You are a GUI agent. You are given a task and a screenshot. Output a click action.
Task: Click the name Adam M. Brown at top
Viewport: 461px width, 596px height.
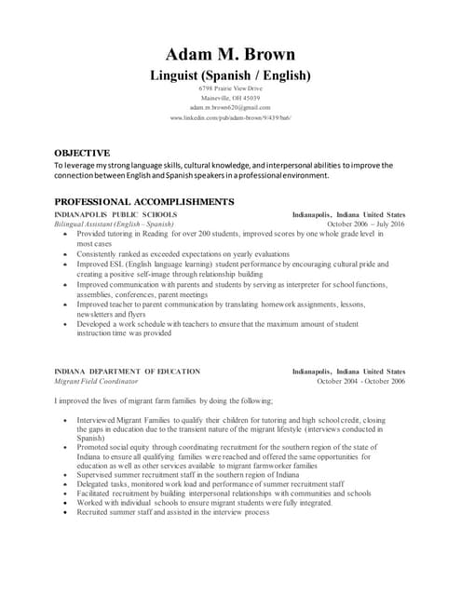coord(230,53)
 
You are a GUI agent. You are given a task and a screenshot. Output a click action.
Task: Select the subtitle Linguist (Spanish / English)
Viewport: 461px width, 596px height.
coord(230,74)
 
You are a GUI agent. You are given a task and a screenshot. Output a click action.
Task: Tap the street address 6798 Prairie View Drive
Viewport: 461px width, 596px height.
coord(230,88)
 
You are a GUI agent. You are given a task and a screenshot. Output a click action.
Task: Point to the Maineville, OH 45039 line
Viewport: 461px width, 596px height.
coord(230,98)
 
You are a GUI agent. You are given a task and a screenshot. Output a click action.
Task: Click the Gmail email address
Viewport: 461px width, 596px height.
coord(230,108)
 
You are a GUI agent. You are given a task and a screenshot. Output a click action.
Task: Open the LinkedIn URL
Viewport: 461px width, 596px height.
coord(230,119)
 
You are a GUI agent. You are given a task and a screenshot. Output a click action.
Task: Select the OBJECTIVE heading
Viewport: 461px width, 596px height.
coord(82,152)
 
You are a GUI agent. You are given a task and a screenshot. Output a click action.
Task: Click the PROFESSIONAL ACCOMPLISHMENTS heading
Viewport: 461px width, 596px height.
coord(144,201)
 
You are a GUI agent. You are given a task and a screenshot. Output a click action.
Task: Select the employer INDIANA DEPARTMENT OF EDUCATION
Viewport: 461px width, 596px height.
coord(127,371)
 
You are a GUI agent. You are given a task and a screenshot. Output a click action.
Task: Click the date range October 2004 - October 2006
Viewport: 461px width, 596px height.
coord(360,381)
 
